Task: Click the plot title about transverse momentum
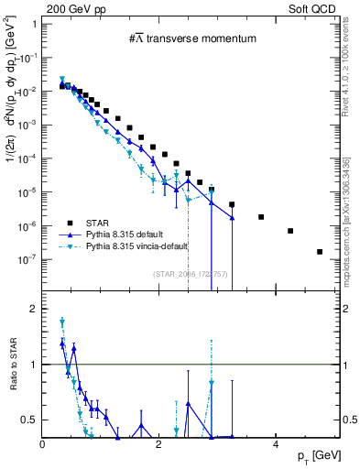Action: (191, 38)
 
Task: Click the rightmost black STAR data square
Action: (320, 252)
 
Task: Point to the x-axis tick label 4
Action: (276, 445)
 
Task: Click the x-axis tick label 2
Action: (159, 445)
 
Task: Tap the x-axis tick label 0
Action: (43, 445)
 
